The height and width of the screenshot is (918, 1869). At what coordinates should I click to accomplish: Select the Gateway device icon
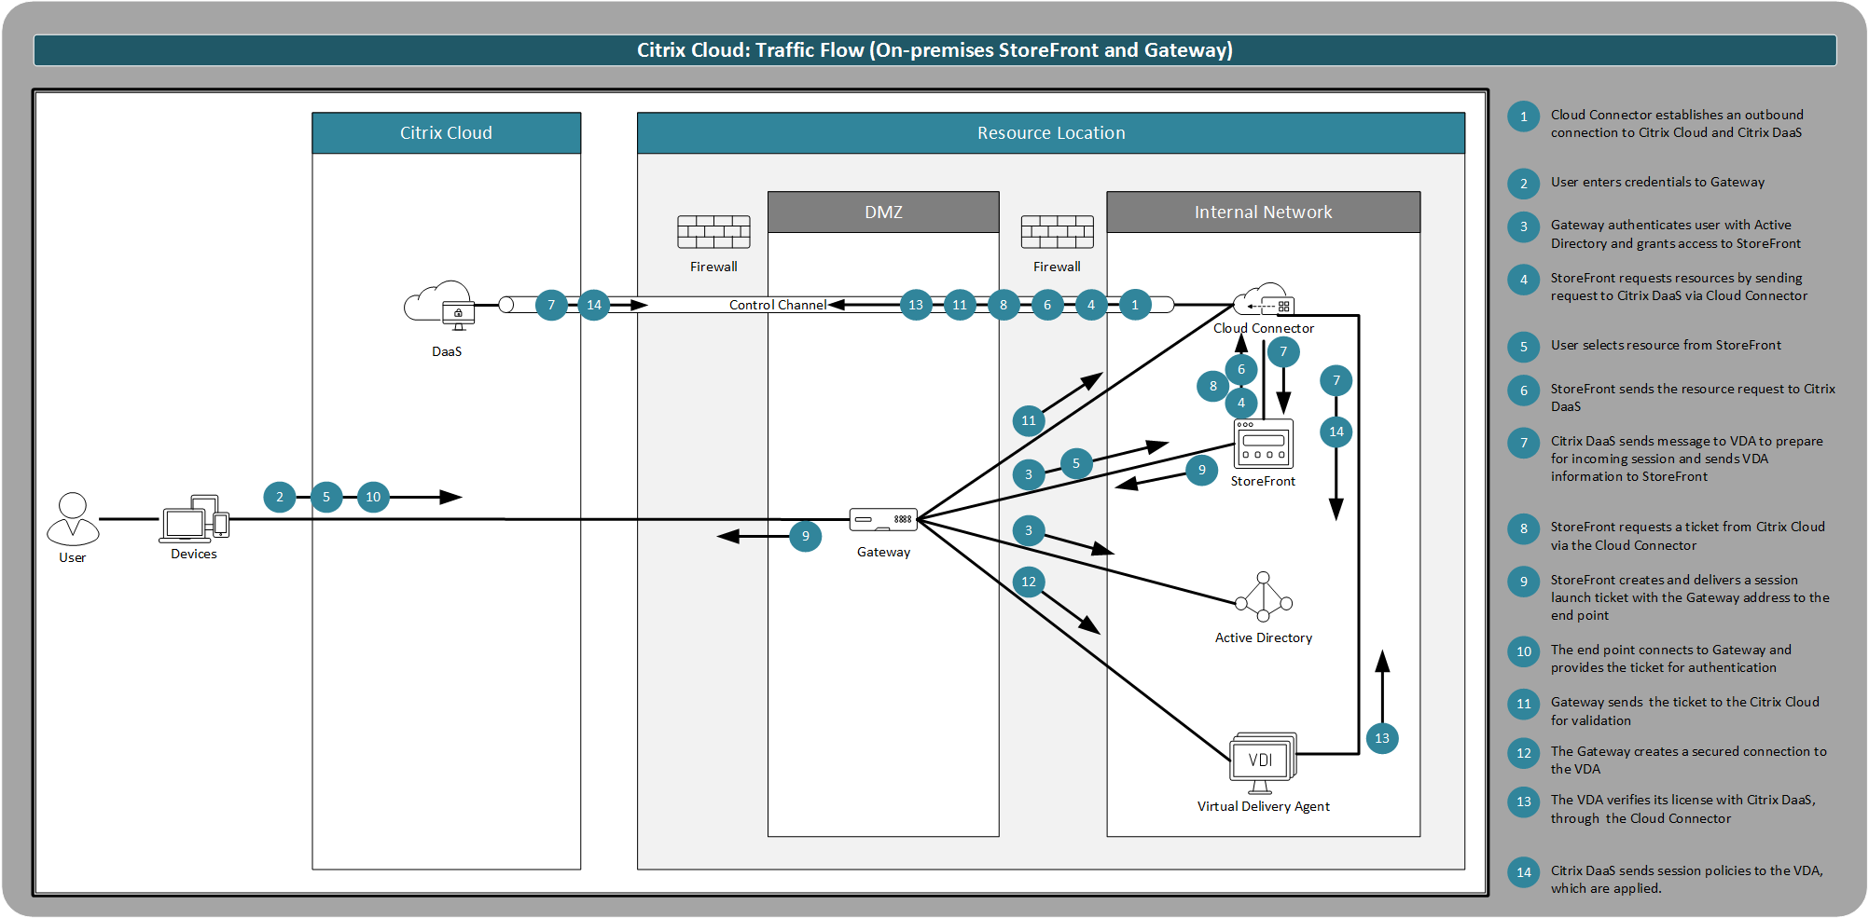point(883,519)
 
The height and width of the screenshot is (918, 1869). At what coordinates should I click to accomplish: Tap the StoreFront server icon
point(1264,444)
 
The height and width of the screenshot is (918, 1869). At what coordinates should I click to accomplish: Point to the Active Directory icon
point(1264,597)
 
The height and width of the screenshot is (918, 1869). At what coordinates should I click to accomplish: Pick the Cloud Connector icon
point(1264,301)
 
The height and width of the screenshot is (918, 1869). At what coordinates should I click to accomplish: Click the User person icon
point(73,519)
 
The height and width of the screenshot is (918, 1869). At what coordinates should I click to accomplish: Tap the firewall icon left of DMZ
point(713,232)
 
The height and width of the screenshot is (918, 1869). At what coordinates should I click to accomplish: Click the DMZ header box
point(883,212)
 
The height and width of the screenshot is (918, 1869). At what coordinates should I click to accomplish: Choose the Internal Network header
point(1263,212)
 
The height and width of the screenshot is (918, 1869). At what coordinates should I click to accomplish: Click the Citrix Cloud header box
point(446,133)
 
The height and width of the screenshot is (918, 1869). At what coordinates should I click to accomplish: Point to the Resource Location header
point(1050,133)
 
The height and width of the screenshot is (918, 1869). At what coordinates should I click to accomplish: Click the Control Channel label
point(777,305)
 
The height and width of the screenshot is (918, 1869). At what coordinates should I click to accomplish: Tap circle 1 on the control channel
point(1135,305)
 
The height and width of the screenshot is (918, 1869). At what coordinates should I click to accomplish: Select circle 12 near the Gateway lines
point(1029,582)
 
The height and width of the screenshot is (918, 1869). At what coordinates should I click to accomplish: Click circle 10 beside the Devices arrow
point(373,497)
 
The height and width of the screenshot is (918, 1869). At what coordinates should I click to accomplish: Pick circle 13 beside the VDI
point(1382,738)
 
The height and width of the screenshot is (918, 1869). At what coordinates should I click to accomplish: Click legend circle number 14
point(1524,872)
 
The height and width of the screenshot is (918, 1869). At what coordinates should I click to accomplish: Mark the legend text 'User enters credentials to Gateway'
point(1657,183)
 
